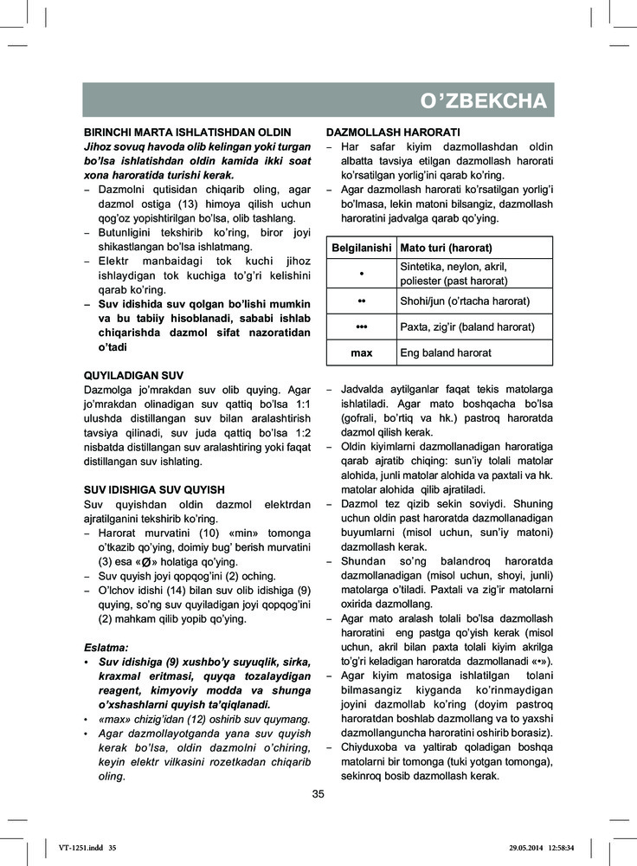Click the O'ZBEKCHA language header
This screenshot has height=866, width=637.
pyautogui.click(x=483, y=101)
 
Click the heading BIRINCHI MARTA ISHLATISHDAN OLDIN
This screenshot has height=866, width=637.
pyautogui.click(x=186, y=132)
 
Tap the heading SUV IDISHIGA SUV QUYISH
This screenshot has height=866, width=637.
pyautogui.click(x=154, y=489)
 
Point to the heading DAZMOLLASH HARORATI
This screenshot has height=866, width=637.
pyautogui.click(x=392, y=132)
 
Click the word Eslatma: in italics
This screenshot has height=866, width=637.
pyautogui.click(x=106, y=647)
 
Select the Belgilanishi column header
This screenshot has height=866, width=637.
pyautogui.click(x=362, y=249)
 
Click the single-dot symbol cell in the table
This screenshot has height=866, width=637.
pyautogui.click(x=362, y=274)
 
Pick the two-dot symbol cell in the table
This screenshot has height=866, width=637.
pyautogui.click(x=362, y=301)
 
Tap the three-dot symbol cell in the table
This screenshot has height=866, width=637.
pyautogui.click(x=362, y=326)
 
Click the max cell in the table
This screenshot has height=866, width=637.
pyautogui.click(x=362, y=353)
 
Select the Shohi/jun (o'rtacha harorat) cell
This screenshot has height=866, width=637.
pyautogui.click(x=465, y=301)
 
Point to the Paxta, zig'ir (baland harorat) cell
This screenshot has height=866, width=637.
pyautogui.click(x=467, y=326)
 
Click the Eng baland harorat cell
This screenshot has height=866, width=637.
pyautogui.click(x=446, y=353)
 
